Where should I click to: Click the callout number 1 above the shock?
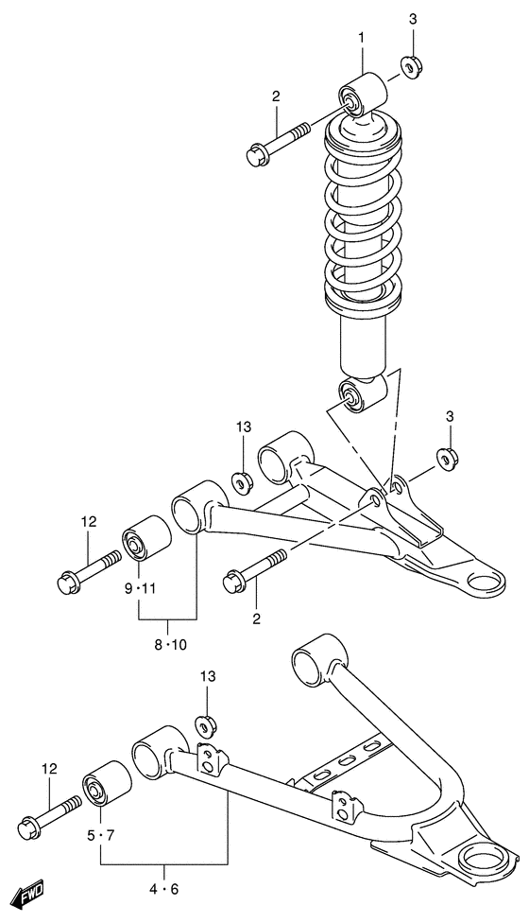(x=360, y=37)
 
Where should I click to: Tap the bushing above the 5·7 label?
(x=105, y=785)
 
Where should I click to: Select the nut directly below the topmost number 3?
(x=410, y=67)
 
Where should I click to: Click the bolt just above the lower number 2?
(x=256, y=569)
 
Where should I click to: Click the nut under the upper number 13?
(x=242, y=481)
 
